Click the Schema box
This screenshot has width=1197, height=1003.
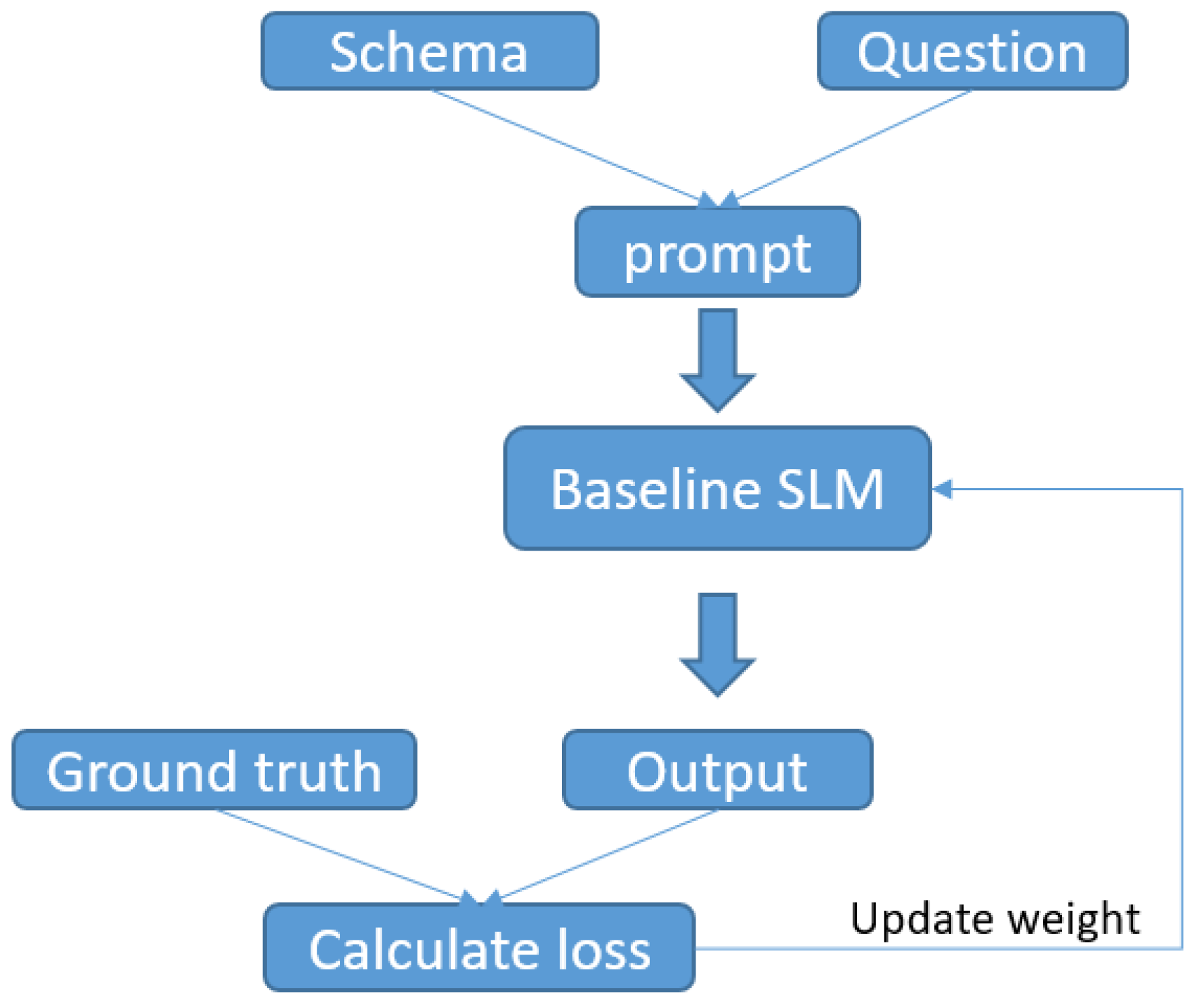coord(429,51)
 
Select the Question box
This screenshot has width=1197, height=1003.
coord(972,51)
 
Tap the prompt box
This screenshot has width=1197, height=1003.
coord(717,252)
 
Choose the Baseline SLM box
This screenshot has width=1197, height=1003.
coord(717,489)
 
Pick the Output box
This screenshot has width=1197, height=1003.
coord(717,770)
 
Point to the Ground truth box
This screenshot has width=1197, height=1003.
coord(214,770)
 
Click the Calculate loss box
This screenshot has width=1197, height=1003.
coord(479,947)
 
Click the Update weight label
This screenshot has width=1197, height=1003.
coord(995,919)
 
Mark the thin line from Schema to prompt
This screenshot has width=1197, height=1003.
coord(565,145)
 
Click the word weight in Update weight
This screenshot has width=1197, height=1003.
coord(1074,919)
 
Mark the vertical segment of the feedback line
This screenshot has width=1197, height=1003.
coord(1182,719)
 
